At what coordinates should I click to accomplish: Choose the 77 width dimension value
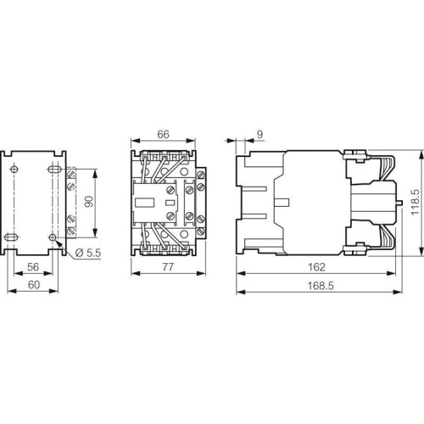click(x=169, y=266)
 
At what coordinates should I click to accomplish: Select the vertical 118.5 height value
click(x=415, y=204)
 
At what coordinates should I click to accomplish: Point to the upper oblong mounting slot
click(x=55, y=170)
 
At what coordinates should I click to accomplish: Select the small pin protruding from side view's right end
click(x=398, y=204)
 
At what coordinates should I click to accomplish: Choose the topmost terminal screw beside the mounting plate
click(x=72, y=175)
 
